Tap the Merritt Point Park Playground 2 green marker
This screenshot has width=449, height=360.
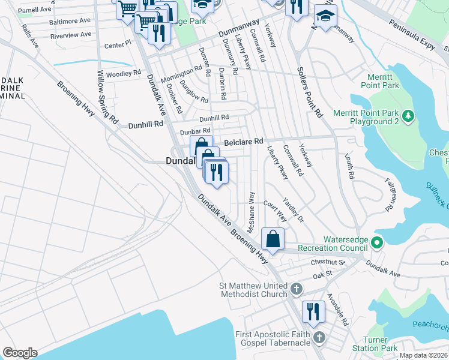[408, 115]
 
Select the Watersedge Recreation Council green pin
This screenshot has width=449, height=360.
[376, 243]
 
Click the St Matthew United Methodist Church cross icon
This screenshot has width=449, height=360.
[295, 290]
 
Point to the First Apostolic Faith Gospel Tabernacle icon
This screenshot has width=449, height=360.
[319, 338]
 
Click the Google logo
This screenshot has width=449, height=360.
[20, 353]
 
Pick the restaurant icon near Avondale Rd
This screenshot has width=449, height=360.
[313, 312]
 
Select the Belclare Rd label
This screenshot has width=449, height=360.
[244, 142]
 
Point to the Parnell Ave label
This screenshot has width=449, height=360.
[34, 10]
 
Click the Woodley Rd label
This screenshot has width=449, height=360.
[123, 74]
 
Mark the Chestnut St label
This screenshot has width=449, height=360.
[328, 262]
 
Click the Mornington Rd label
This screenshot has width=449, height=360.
[181, 73]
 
